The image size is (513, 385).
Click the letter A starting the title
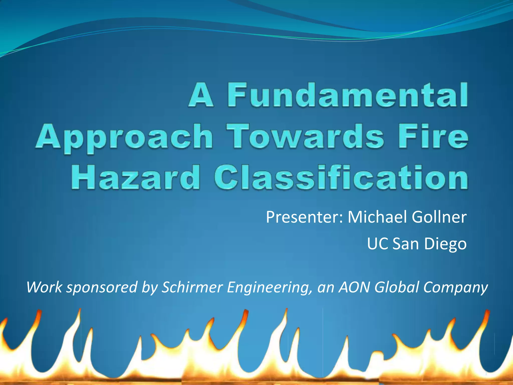(x=201, y=95)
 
